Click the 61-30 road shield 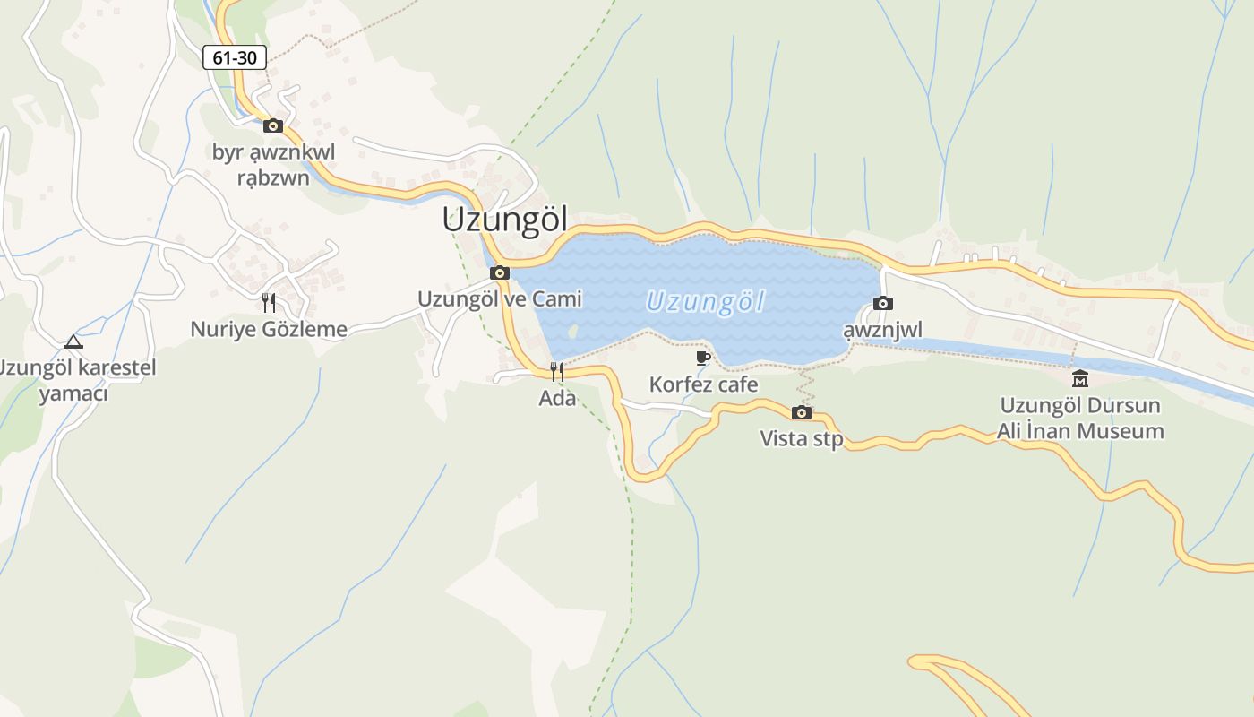235,58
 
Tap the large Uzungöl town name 505,220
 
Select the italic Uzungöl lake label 705,302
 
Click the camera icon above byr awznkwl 273,125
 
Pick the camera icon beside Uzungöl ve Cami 500,272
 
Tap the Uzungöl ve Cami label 500,298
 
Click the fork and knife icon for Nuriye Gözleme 269,303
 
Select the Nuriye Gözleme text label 269,329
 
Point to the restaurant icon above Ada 557,371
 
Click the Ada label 557,398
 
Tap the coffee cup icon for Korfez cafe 703,358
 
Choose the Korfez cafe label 703,384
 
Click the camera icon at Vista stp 802,412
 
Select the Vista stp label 802,439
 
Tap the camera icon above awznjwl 882,304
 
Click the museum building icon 1080,378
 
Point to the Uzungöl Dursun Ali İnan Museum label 1080,418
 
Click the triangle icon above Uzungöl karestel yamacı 73,341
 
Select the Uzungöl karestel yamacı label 75,381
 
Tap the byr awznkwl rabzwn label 273,165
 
